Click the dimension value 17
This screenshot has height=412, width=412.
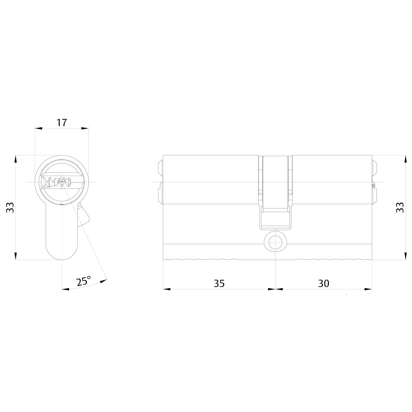click(x=61, y=123)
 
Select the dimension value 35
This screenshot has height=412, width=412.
click(x=219, y=283)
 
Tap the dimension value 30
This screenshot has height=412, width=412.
click(x=323, y=283)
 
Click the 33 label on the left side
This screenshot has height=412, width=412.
click(x=10, y=207)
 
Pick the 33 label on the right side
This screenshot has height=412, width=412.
click(x=399, y=207)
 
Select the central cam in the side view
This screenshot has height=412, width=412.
click(x=276, y=193)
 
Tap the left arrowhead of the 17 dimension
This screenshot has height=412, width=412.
click(x=38, y=128)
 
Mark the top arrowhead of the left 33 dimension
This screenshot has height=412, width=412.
click(x=15, y=159)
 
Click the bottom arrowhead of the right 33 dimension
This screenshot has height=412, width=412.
click(x=405, y=256)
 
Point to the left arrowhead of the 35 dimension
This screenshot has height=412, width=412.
click(x=167, y=289)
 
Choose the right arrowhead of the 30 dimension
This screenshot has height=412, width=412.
click(x=369, y=289)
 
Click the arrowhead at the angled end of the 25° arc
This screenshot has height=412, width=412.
click(x=103, y=282)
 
